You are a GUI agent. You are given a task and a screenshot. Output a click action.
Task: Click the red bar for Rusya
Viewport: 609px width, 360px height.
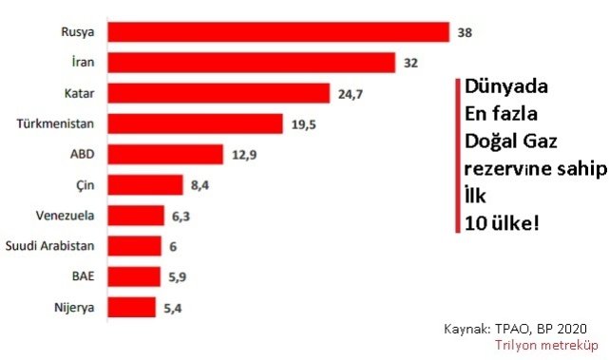coord(277,32)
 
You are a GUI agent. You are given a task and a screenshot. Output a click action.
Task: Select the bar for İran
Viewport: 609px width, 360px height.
coord(251,63)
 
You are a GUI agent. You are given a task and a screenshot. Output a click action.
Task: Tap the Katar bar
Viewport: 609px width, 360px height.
coord(219,93)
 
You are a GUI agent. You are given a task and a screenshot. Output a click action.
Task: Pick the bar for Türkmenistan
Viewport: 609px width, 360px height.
coord(195,123)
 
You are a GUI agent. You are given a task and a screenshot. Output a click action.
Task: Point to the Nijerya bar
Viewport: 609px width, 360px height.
coord(131,307)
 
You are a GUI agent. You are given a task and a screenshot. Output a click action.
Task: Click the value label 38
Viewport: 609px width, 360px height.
coord(465,32)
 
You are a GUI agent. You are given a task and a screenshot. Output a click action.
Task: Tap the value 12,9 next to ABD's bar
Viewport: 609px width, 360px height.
coord(243,154)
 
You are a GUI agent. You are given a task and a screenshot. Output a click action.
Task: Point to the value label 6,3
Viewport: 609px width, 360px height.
coord(181,216)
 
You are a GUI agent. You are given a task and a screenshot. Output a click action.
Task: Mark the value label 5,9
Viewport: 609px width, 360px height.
coord(178,276)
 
